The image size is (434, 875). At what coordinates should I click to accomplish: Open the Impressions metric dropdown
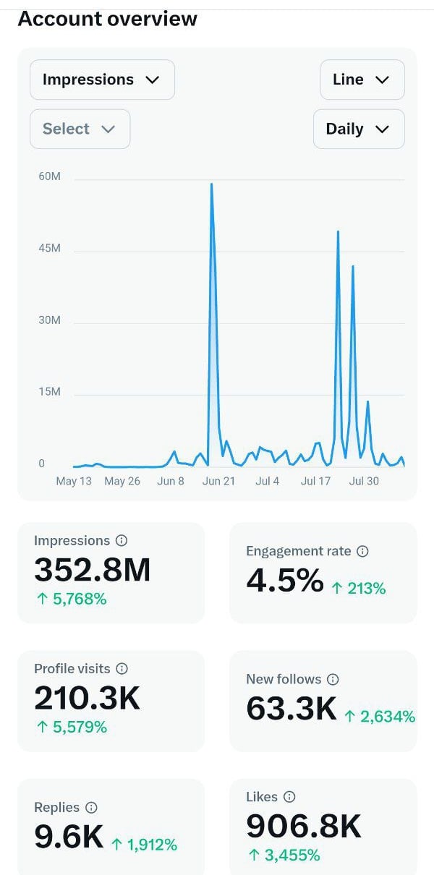click(101, 80)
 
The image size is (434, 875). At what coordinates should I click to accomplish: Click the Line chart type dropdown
click(362, 80)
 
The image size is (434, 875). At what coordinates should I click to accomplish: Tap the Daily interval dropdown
click(358, 129)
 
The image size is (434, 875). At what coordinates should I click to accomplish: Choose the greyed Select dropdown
click(80, 129)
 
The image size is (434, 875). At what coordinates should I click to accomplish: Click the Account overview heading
click(107, 18)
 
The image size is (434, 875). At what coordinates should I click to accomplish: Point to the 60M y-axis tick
click(49, 176)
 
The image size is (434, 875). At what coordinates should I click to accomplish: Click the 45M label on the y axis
click(49, 248)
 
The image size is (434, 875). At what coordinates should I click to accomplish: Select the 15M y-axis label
click(49, 392)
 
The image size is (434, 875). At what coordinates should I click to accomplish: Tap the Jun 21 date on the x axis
click(218, 481)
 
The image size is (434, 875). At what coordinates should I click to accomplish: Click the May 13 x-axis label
click(74, 481)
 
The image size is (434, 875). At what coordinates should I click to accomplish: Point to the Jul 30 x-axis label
click(364, 481)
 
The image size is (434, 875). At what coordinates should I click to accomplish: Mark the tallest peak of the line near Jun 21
click(211, 184)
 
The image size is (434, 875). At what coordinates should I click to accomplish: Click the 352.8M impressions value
click(93, 570)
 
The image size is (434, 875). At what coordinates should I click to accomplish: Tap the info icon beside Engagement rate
click(363, 551)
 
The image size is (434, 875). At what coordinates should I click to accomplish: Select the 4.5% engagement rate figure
click(284, 581)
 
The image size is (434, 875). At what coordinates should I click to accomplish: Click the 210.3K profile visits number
click(87, 698)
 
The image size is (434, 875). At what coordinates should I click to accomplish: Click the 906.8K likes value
click(304, 826)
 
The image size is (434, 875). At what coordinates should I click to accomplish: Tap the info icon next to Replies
click(91, 808)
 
